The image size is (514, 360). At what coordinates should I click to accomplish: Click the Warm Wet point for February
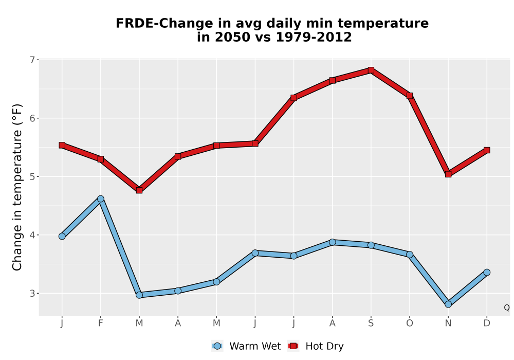[x=101, y=199]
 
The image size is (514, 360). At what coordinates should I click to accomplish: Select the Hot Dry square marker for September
[x=371, y=70]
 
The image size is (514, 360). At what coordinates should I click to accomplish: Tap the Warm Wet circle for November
[x=448, y=304]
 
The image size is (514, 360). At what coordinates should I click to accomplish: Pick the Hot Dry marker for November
[x=448, y=174]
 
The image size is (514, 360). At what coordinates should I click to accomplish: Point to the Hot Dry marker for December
[x=487, y=150]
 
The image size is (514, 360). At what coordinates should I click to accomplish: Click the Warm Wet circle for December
[x=487, y=272]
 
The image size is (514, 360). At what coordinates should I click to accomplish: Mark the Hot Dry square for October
[x=410, y=96]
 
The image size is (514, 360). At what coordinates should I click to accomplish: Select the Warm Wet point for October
[x=410, y=255]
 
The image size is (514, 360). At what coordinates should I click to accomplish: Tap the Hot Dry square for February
[x=101, y=159]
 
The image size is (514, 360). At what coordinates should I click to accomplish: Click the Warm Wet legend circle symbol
[x=217, y=346]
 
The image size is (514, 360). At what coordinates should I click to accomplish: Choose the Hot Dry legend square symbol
[x=293, y=346]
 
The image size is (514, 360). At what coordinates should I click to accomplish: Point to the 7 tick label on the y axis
[x=32, y=60]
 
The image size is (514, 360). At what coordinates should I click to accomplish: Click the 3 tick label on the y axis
[x=32, y=294]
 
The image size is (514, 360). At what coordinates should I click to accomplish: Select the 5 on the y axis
[x=32, y=177]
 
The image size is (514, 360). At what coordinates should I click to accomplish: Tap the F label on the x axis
[x=101, y=323]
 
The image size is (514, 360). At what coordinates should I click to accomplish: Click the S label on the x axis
[x=371, y=323]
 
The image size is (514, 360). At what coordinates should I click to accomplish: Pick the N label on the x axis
[x=448, y=323]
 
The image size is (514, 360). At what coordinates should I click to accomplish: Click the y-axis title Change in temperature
[x=17, y=187]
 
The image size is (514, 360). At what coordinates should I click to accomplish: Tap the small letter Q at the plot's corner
[x=507, y=308]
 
